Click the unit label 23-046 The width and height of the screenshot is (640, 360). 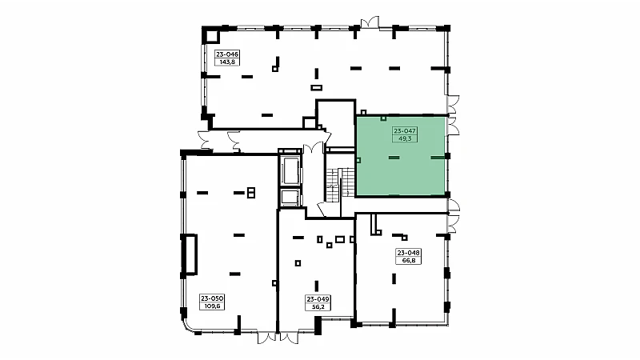[227, 54]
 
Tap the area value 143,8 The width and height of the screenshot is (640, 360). [227, 62]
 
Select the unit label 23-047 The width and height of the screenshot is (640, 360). [405, 131]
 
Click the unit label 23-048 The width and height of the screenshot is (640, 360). [409, 253]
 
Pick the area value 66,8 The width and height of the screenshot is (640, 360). [409, 261]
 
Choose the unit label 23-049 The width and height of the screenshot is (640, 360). [318, 299]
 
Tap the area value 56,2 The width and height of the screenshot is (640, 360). [318, 307]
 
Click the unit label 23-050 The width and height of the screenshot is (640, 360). [212, 298]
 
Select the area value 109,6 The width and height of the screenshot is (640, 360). [212, 306]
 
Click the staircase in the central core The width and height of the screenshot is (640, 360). [340, 185]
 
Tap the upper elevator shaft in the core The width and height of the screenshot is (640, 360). [290, 170]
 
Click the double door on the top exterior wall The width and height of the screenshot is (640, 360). [370, 22]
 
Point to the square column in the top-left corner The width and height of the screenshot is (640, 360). [212, 35]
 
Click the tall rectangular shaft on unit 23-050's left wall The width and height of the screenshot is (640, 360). [190, 254]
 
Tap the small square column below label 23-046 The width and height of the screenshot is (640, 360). [275, 69]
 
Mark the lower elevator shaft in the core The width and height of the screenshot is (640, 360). [290, 198]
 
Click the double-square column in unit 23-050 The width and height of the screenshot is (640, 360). [251, 193]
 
